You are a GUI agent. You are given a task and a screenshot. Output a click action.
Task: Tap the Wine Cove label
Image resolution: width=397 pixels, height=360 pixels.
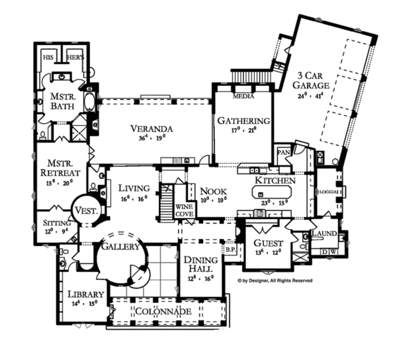184,210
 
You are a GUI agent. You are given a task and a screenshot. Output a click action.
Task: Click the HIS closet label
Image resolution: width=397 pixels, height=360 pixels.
48,58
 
